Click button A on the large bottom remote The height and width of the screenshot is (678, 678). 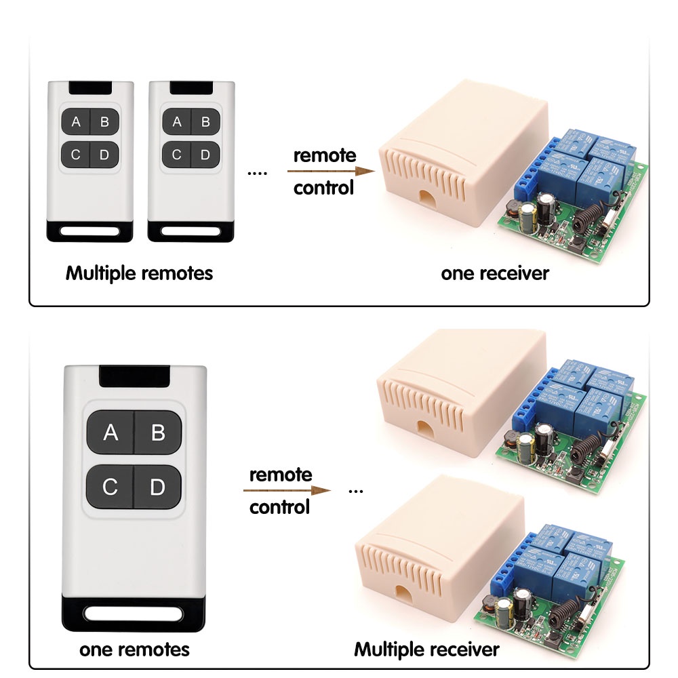coord(111,433)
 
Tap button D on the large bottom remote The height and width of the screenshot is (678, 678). coord(158,486)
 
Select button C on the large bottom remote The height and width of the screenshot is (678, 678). coord(111,486)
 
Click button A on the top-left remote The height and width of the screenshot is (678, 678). coord(76,122)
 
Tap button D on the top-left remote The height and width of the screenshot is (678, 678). coord(104,155)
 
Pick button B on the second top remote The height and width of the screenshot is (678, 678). coord(205,122)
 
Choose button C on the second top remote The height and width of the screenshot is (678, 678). coord(177,155)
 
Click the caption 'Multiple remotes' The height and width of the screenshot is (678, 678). coord(139,273)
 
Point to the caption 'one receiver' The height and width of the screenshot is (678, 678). coord(494,273)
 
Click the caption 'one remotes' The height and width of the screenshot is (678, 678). coord(134,650)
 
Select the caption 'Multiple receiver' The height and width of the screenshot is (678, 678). coord(426,650)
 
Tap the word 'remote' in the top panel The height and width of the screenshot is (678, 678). coord(324,155)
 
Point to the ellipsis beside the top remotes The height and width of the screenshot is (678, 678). coord(258,174)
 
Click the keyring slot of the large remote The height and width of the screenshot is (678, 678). coord(134,614)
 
